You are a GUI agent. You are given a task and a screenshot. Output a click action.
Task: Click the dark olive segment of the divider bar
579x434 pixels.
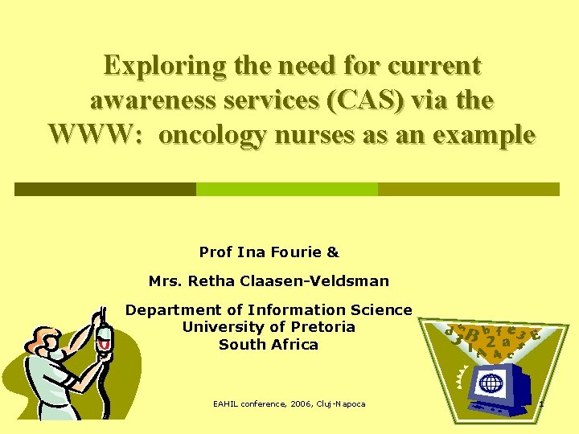pos(105,189)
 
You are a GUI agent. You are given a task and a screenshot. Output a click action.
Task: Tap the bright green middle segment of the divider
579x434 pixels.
pos(287,189)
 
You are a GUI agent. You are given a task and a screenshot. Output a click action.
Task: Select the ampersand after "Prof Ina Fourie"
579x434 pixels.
pos(333,252)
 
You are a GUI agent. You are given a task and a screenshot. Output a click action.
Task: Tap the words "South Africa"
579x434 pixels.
pos(269,344)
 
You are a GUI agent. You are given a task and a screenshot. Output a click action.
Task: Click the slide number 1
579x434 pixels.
pos(541,403)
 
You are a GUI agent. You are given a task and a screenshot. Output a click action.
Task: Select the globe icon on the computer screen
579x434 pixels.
pos(491,383)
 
